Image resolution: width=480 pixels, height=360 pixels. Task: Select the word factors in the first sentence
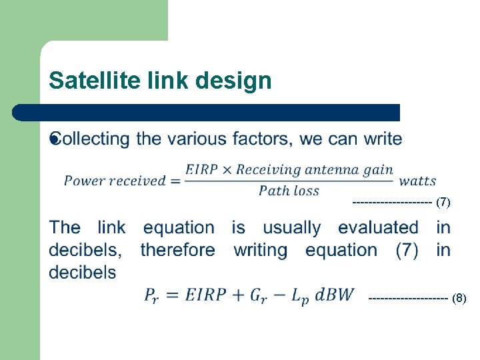(259, 139)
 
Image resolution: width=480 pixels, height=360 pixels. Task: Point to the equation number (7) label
(443, 202)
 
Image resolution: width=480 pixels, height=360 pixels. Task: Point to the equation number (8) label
(459, 298)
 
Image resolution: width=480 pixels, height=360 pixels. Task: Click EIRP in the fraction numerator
(201, 169)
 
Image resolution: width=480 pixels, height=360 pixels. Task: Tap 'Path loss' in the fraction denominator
(289, 191)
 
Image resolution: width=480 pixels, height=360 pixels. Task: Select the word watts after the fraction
(417, 181)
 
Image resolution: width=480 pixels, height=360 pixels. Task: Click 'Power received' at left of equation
(115, 181)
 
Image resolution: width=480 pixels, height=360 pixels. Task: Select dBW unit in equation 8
(335, 294)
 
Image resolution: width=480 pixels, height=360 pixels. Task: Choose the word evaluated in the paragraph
(378, 227)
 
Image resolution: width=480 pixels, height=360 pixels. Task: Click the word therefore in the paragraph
(177, 250)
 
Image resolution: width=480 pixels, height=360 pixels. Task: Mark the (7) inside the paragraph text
(407, 250)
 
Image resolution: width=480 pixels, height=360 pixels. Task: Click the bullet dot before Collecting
(55, 139)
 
